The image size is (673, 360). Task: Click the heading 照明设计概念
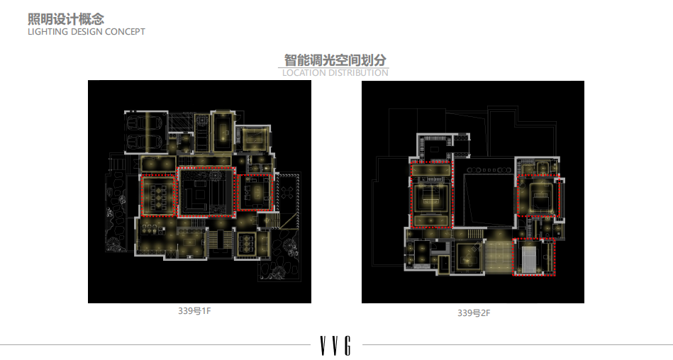coord(65,18)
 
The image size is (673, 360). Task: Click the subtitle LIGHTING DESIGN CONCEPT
coord(86,32)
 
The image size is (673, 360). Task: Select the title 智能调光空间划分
coord(335,60)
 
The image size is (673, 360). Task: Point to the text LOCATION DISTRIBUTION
coord(335,72)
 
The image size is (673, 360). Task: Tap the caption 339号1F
coord(194,311)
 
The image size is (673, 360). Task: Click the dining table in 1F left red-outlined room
coord(159,194)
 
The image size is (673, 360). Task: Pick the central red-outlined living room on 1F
coord(206,191)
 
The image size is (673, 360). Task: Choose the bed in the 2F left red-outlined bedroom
coord(430,198)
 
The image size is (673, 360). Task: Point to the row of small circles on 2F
coord(489,171)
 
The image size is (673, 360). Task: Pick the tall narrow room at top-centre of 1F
coord(223,131)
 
